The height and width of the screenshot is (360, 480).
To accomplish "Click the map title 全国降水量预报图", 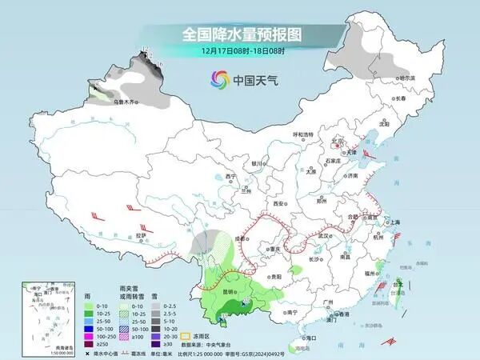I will [x=240, y=34].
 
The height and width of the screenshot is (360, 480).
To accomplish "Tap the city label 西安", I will [x=278, y=204].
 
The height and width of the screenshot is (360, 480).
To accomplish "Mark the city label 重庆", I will [x=276, y=249].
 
